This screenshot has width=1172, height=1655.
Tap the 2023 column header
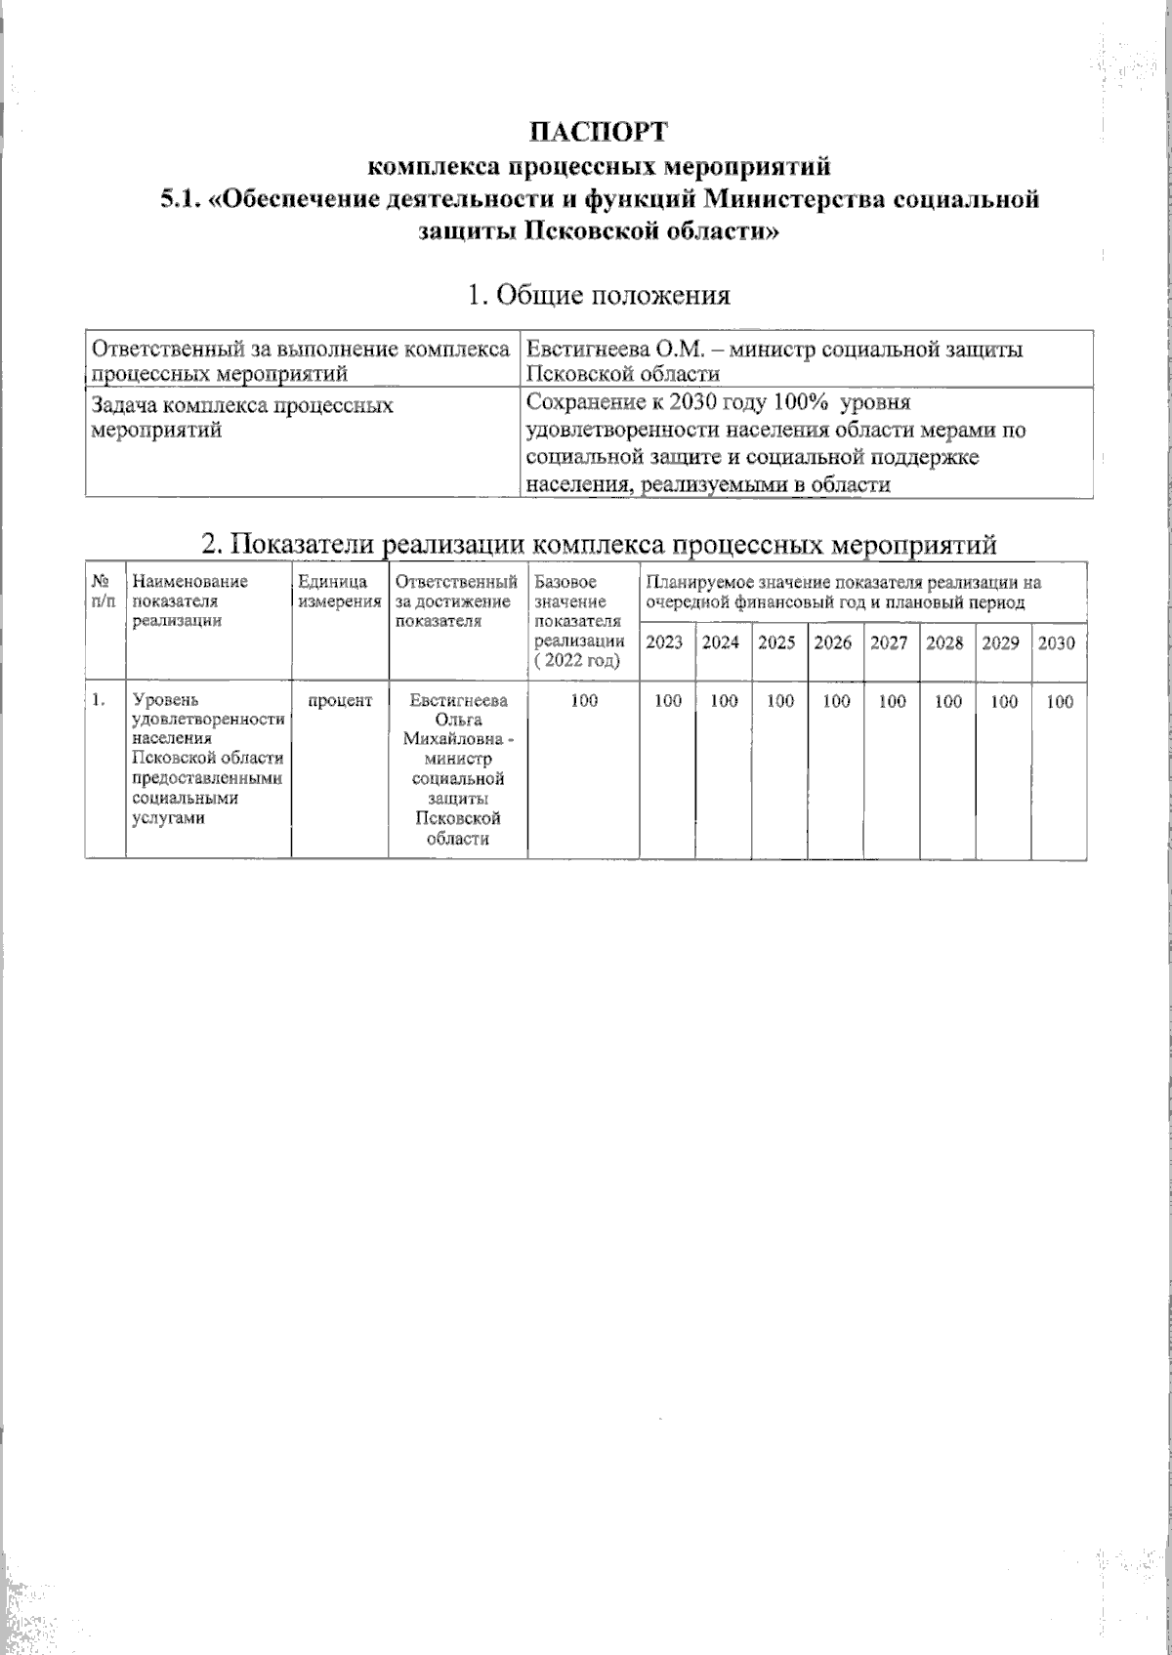(667, 643)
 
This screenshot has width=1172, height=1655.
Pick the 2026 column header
(833, 643)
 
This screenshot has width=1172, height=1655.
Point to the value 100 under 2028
(947, 701)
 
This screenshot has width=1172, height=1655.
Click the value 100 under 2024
(724, 701)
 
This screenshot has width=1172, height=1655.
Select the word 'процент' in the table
(340, 701)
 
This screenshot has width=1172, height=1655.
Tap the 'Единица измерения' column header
(339, 592)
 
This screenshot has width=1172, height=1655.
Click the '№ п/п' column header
(103, 592)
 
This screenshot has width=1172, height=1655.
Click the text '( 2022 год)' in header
(583, 661)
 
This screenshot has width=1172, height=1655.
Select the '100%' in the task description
(800, 404)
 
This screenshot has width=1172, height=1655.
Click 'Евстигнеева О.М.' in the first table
(599, 350)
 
